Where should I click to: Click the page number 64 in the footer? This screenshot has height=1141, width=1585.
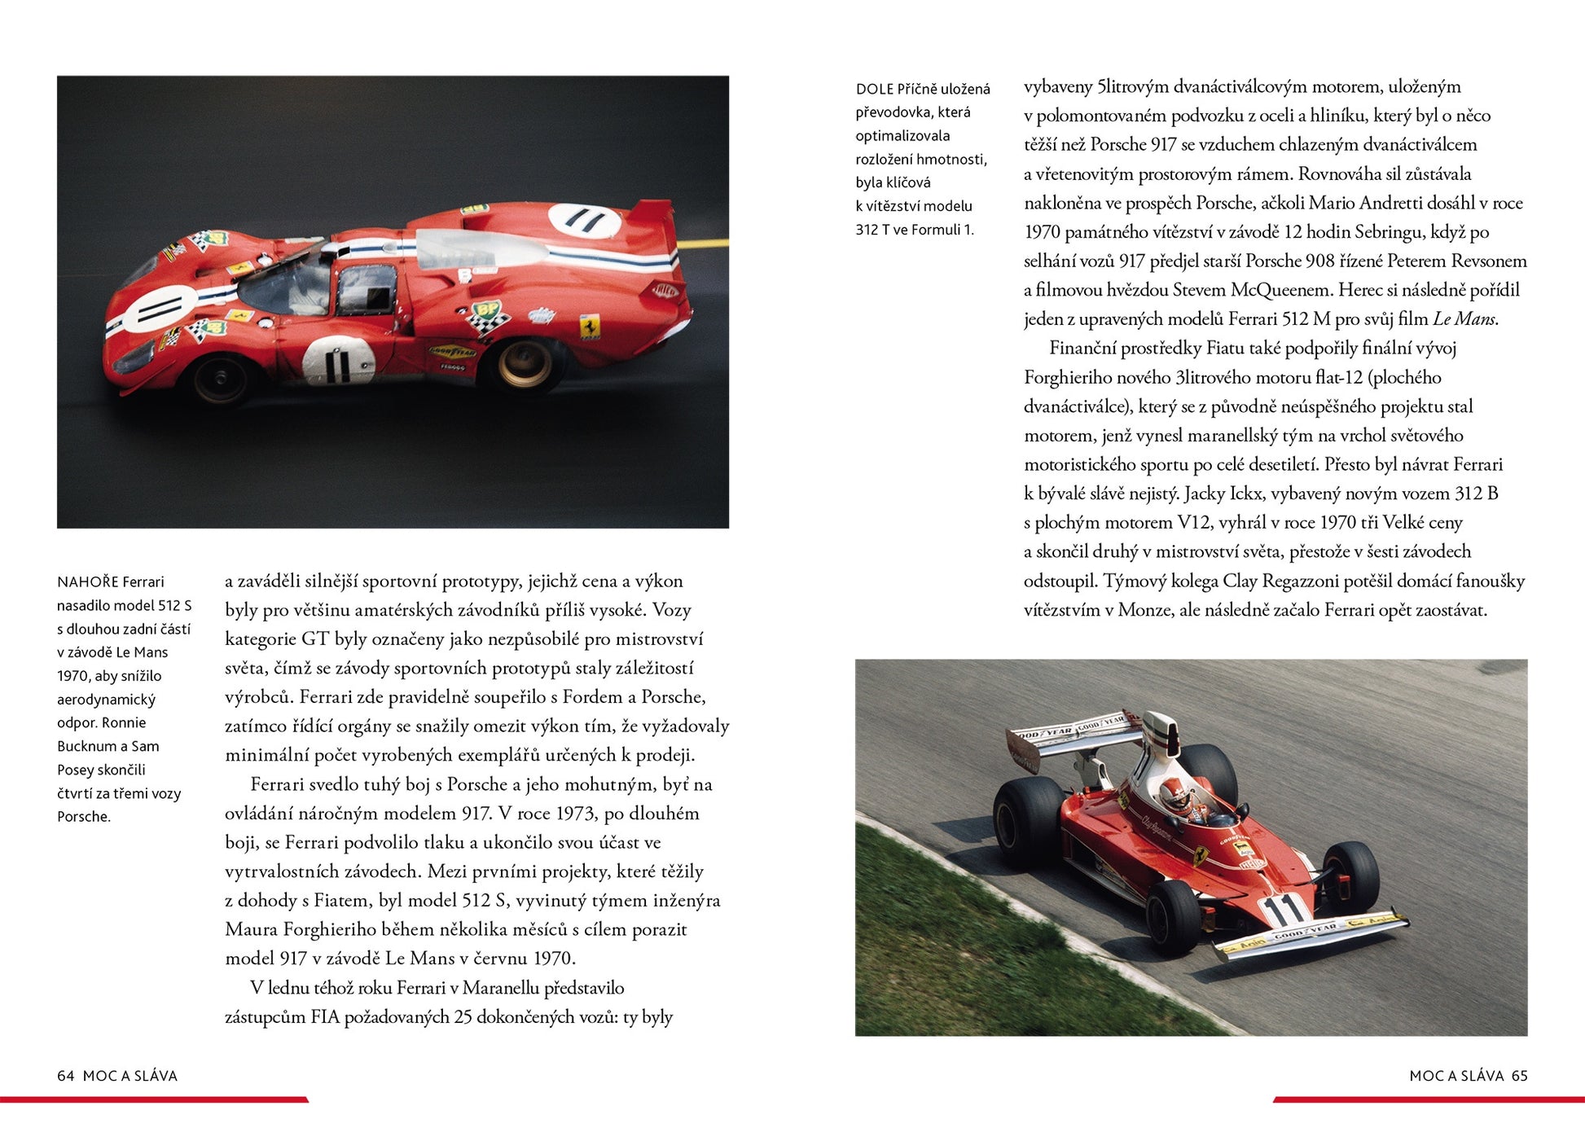tap(65, 1075)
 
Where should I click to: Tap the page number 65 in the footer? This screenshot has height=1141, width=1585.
tap(1519, 1075)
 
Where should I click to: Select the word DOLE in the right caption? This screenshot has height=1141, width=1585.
tap(874, 89)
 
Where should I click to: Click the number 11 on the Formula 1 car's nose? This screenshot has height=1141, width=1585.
tap(1284, 909)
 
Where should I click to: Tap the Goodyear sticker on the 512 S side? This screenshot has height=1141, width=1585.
tap(453, 352)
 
